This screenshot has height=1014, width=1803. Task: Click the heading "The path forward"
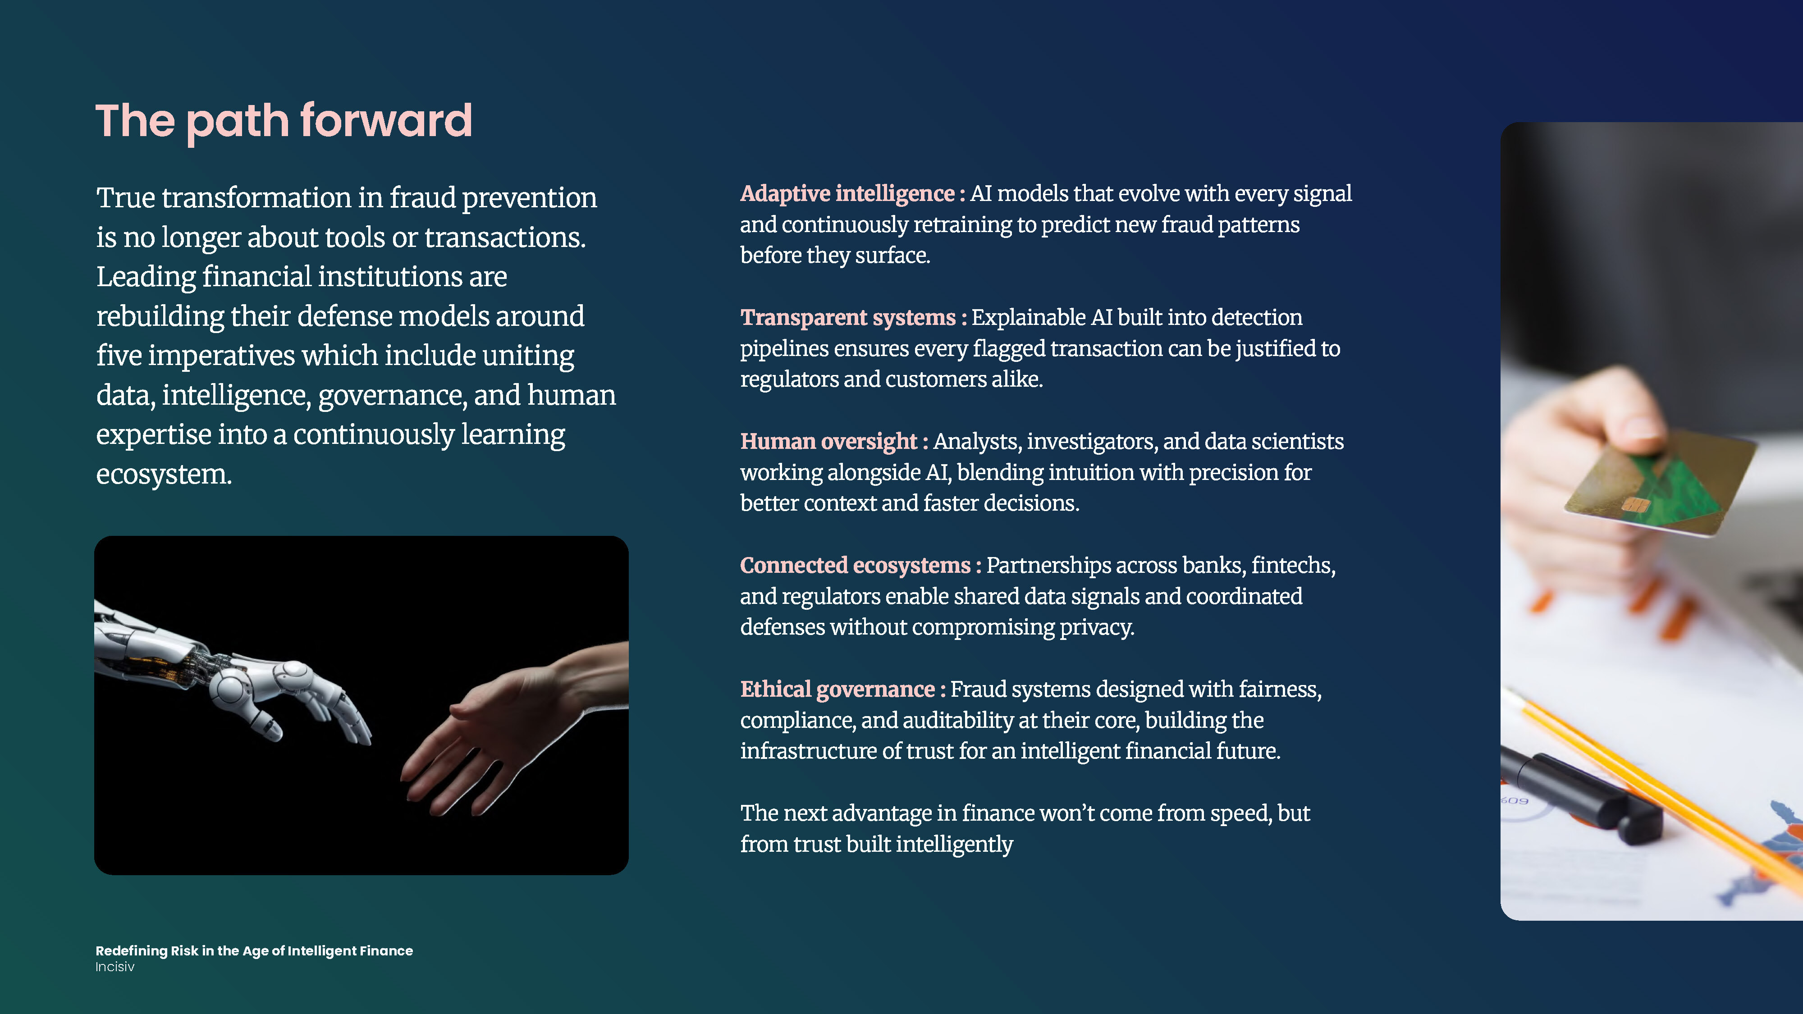click(284, 122)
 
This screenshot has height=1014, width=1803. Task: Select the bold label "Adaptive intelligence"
click(847, 194)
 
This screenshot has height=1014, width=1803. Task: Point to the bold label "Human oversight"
click(829, 442)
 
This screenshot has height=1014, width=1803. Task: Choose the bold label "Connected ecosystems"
click(856, 566)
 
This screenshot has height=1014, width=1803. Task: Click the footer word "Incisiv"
click(115, 967)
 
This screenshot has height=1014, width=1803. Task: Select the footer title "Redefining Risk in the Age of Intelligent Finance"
click(254, 951)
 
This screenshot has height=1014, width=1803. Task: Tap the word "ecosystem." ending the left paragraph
click(164, 475)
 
